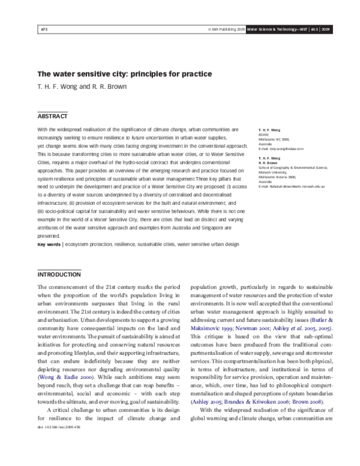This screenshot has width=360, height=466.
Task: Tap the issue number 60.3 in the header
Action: click(315, 29)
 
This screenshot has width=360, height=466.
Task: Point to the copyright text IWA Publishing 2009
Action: click(228, 29)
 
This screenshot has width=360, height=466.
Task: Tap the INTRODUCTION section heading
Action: click(59, 274)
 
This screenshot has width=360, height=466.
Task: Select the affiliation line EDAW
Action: click(264, 134)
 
